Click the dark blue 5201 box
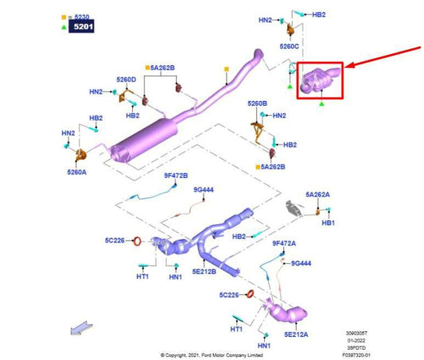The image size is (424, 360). [81, 26]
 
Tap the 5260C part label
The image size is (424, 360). [289, 46]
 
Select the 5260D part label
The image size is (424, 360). [126, 79]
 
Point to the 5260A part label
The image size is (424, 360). [77, 172]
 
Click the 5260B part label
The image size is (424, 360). [257, 103]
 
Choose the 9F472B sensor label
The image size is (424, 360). [176, 176]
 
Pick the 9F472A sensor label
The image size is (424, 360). [284, 243]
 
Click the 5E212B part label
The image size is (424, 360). [204, 272]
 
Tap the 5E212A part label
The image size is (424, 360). [296, 335]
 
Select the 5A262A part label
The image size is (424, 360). [317, 195]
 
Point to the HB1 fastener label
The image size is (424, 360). [329, 223]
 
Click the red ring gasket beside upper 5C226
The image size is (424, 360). [137, 241]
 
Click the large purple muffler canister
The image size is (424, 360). [144, 141]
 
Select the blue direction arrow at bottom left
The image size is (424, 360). [81, 327]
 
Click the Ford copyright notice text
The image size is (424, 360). [212, 355]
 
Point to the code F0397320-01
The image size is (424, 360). [356, 355]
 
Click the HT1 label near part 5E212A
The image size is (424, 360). [236, 329]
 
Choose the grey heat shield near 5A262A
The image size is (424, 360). [294, 208]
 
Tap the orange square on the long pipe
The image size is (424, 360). [227, 69]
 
